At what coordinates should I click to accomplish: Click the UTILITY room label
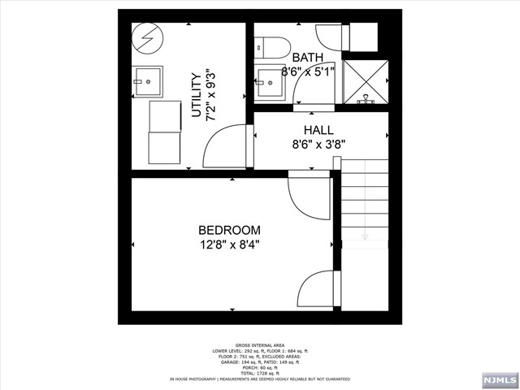[196, 95]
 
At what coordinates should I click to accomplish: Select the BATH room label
[307, 57]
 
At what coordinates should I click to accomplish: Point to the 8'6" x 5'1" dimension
[308, 71]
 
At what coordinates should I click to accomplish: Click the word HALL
[318, 130]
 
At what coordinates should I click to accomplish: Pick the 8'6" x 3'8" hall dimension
[318, 146]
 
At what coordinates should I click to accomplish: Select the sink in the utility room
[147, 81]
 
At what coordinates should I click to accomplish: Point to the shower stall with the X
[366, 82]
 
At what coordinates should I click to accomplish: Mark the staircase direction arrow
[364, 236]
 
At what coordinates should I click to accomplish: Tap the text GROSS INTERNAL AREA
[259, 344]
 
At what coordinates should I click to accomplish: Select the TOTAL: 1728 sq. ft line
[259, 373]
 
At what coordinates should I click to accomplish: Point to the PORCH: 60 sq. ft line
[259, 367]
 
